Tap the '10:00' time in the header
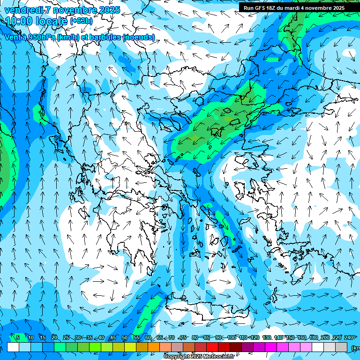[20, 21]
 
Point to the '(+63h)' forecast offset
[82, 21]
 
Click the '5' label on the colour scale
[18, 337]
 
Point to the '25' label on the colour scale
[66, 337]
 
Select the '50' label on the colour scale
[125, 337]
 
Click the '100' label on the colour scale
[231, 337]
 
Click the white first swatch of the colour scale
[13, 347]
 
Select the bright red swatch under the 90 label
[212, 347]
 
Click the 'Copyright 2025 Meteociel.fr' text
[199, 357]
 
